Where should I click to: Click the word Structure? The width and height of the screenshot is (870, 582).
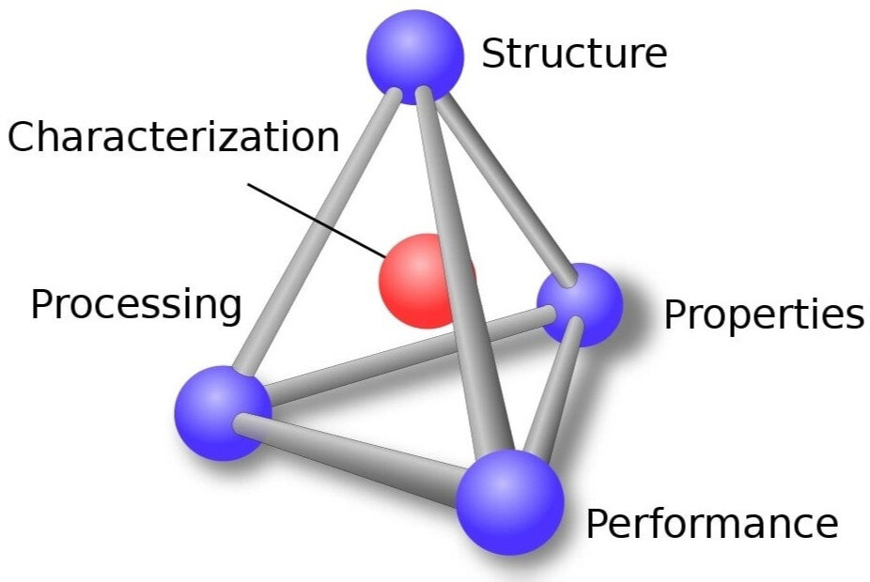click(x=574, y=54)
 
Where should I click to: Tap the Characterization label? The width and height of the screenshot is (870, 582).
click(x=173, y=137)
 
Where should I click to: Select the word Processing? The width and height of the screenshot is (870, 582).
click(x=136, y=305)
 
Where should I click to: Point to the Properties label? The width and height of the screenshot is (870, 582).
click(x=763, y=315)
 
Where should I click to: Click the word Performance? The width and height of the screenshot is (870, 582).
click(x=711, y=523)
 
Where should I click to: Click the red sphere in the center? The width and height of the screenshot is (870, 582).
click(x=425, y=281)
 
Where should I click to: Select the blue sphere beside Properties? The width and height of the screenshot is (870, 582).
click(x=580, y=304)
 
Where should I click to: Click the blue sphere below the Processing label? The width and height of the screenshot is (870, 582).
click(x=223, y=412)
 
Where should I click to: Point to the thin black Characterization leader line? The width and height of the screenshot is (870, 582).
click(x=315, y=217)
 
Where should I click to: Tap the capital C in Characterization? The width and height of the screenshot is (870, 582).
click(x=23, y=138)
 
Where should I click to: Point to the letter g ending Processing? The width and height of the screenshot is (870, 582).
click(x=228, y=309)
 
